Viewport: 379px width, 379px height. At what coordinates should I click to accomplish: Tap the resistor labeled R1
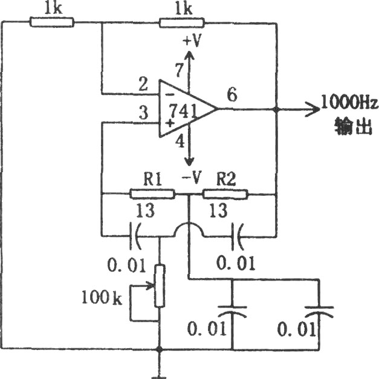[x=152, y=194]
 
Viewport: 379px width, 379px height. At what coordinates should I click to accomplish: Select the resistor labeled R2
[x=225, y=194]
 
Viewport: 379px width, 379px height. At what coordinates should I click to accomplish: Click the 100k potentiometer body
[x=160, y=286]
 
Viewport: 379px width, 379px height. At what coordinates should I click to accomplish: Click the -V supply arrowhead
[x=189, y=161]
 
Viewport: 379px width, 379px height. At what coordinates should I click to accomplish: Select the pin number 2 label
[x=143, y=84]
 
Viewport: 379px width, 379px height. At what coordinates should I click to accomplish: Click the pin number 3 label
[x=144, y=112]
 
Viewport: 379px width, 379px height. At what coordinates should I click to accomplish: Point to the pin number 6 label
[x=232, y=94]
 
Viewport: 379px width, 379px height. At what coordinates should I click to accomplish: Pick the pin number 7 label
[x=179, y=70]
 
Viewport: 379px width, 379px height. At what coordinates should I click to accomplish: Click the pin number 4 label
[x=180, y=141]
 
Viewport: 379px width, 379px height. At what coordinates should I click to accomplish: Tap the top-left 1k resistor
[x=52, y=22]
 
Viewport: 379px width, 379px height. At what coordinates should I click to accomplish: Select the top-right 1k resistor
[x=182, y=23]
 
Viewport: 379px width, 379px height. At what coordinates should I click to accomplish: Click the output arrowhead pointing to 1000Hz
[x=313, y=109]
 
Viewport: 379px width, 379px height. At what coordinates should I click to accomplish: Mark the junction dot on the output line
[x=276, y=109]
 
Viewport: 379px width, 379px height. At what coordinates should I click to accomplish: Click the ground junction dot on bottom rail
[x=160, y=349]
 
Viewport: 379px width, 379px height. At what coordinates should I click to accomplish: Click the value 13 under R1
[x=145, y=211]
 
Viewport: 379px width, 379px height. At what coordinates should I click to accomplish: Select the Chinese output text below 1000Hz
[x=353, y=126]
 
